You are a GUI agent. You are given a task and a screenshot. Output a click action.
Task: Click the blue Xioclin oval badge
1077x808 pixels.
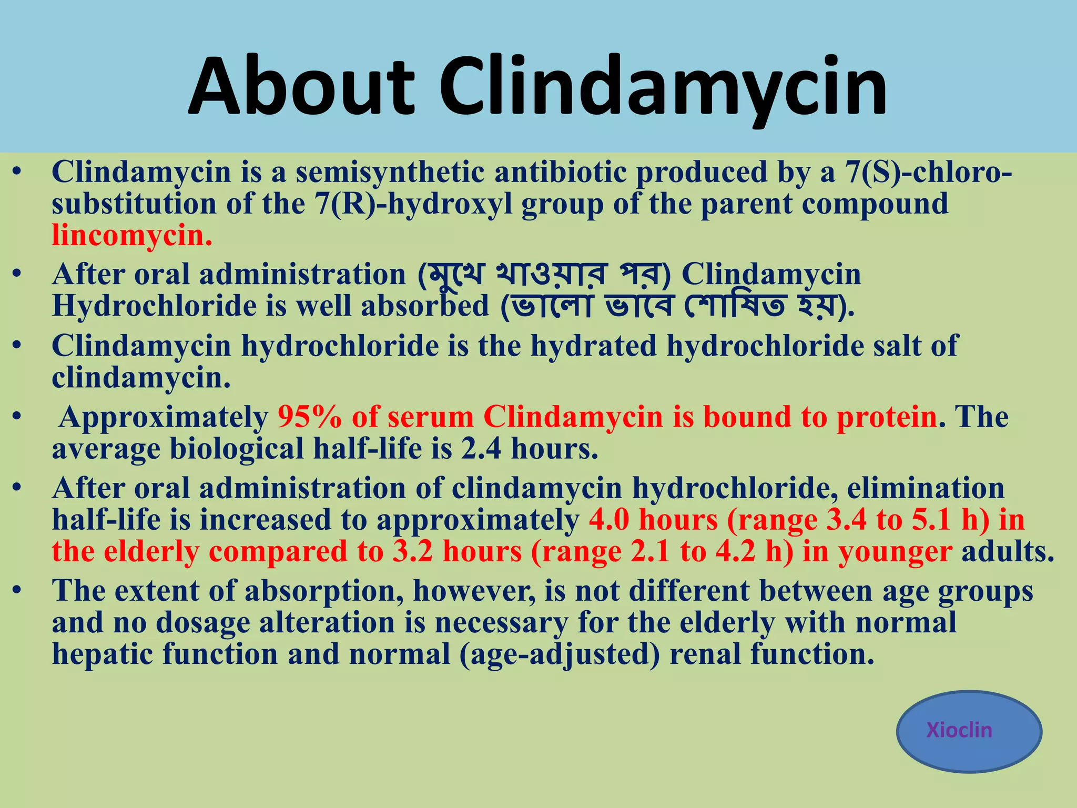click(x=969, y=731)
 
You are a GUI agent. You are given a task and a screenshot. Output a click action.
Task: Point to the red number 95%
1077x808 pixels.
click(x=309, y=417)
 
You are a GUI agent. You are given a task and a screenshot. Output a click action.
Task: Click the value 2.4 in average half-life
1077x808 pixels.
click(x=481, y=449)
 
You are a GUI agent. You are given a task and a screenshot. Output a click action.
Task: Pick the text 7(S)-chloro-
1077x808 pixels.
click(x=928, y=173)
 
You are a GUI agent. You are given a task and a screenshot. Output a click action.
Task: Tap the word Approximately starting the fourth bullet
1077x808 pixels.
click(x=164, y=417)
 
